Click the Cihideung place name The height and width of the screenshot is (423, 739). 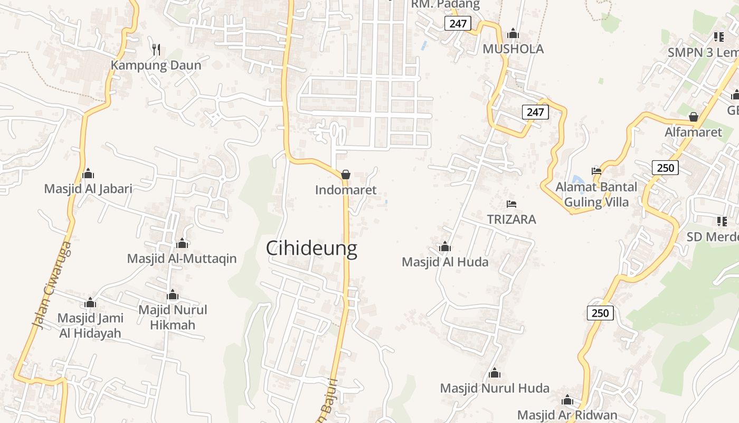[x=311, y=248]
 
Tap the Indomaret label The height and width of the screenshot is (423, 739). [x=346, y=190]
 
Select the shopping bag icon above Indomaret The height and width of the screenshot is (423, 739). [x=346, y=174]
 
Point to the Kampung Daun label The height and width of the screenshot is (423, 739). [x=156, y=66]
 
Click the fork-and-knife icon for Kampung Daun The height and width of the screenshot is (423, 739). [x=156, y=50]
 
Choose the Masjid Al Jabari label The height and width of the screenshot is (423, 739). [x=88, y=189]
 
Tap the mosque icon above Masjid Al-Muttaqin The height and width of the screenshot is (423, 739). [x=182, y=243]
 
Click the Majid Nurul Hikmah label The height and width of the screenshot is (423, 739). [x=173, y=317]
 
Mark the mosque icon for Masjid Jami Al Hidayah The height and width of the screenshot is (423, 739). [x=90, y=302]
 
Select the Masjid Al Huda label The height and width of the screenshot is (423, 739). [x=445, y=262]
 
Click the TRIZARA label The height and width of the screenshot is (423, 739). [x=511, y=219]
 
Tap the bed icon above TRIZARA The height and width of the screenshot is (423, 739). [x=511, y=204]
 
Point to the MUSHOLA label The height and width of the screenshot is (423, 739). [x=513, y=49]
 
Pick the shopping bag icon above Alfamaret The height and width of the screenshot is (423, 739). [x=693, y=116]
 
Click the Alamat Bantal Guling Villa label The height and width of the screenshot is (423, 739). [x=596, y=195]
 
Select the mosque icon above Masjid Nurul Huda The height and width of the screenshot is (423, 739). [x=495, y=373]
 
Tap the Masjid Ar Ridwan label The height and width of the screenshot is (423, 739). [x=567, y=415]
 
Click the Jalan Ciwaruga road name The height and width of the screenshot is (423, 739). [x=51, y=286]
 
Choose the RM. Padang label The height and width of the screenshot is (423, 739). [x=446, y=5]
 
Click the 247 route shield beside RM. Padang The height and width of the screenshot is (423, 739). [x=457, y=23]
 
